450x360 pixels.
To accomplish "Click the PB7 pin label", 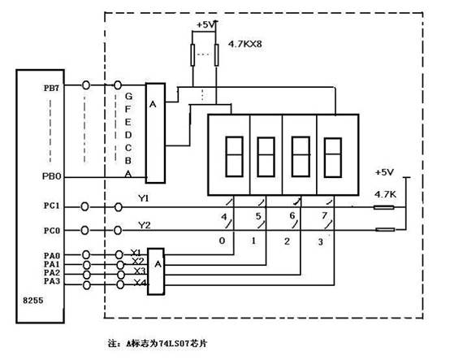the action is pyautogui.click(x=51, y=88).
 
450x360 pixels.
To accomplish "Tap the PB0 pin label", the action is pyautogui.click(x=52, y=176).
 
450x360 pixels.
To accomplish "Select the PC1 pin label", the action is pyautogui.click(x=52, y=206).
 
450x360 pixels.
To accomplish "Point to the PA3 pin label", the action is pyautogui.click(x=52, y=281).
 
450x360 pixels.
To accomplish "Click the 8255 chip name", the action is pyautogui.click(x=33, y=301).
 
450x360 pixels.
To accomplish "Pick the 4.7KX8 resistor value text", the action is pyautogui.click(x=244, y=44).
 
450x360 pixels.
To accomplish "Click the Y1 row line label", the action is pyautogui.click(x=144, y=198).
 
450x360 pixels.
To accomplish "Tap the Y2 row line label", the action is pyautogui.click(x=145, y=225).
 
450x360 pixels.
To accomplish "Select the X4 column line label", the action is pyautogui.click(x=141, y=283).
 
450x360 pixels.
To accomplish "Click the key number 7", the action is pyautogui.click(x=324, y=215).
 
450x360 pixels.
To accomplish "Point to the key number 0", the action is pyautogui.click(x=222, y=241).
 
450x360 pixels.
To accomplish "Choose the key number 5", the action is pyautogui.click(x=258, y=216).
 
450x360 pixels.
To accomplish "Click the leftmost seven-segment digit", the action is pyautogui.click(x=235, y=157).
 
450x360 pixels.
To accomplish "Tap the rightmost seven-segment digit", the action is pyautogui.click(x=332, y=158).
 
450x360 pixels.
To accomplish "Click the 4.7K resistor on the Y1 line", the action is pyautogui.click(x=383, y=207).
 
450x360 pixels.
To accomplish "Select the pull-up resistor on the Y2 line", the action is pyautogui.click(x=385, y=229).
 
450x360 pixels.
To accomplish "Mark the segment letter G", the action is pyautogui.click(x=128, y=96).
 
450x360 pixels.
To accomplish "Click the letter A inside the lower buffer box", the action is pyautogui.click(x=158, y=263).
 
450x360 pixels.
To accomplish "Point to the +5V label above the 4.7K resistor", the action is pyautogui.click(x=384, y=172).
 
